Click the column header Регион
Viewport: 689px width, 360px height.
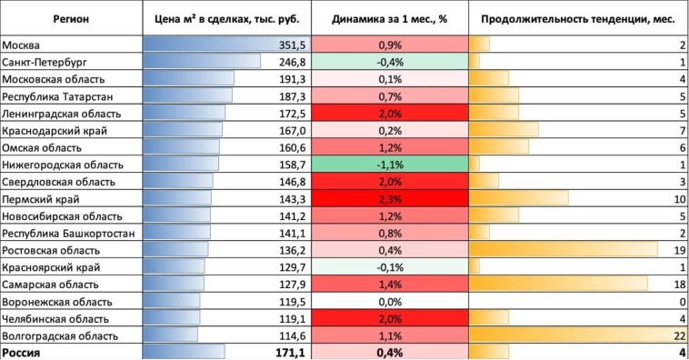click(x=71, y=18)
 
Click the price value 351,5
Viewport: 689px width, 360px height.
click(x=291, y=45)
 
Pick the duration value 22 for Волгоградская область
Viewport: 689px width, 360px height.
click(x=679, y=335)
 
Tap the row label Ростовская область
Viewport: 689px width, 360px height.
click(x=51, y=250)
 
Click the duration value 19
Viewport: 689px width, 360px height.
click(x=679, y=250)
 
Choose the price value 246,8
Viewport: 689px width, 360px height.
click(x=291, y=62)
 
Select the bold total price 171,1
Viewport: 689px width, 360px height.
click(x=290, y=352)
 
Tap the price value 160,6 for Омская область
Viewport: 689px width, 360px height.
click(x=291, y=147)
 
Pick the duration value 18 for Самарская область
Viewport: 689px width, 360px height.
click(x=679, y=285)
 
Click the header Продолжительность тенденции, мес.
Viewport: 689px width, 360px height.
click(x=577, y=18)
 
